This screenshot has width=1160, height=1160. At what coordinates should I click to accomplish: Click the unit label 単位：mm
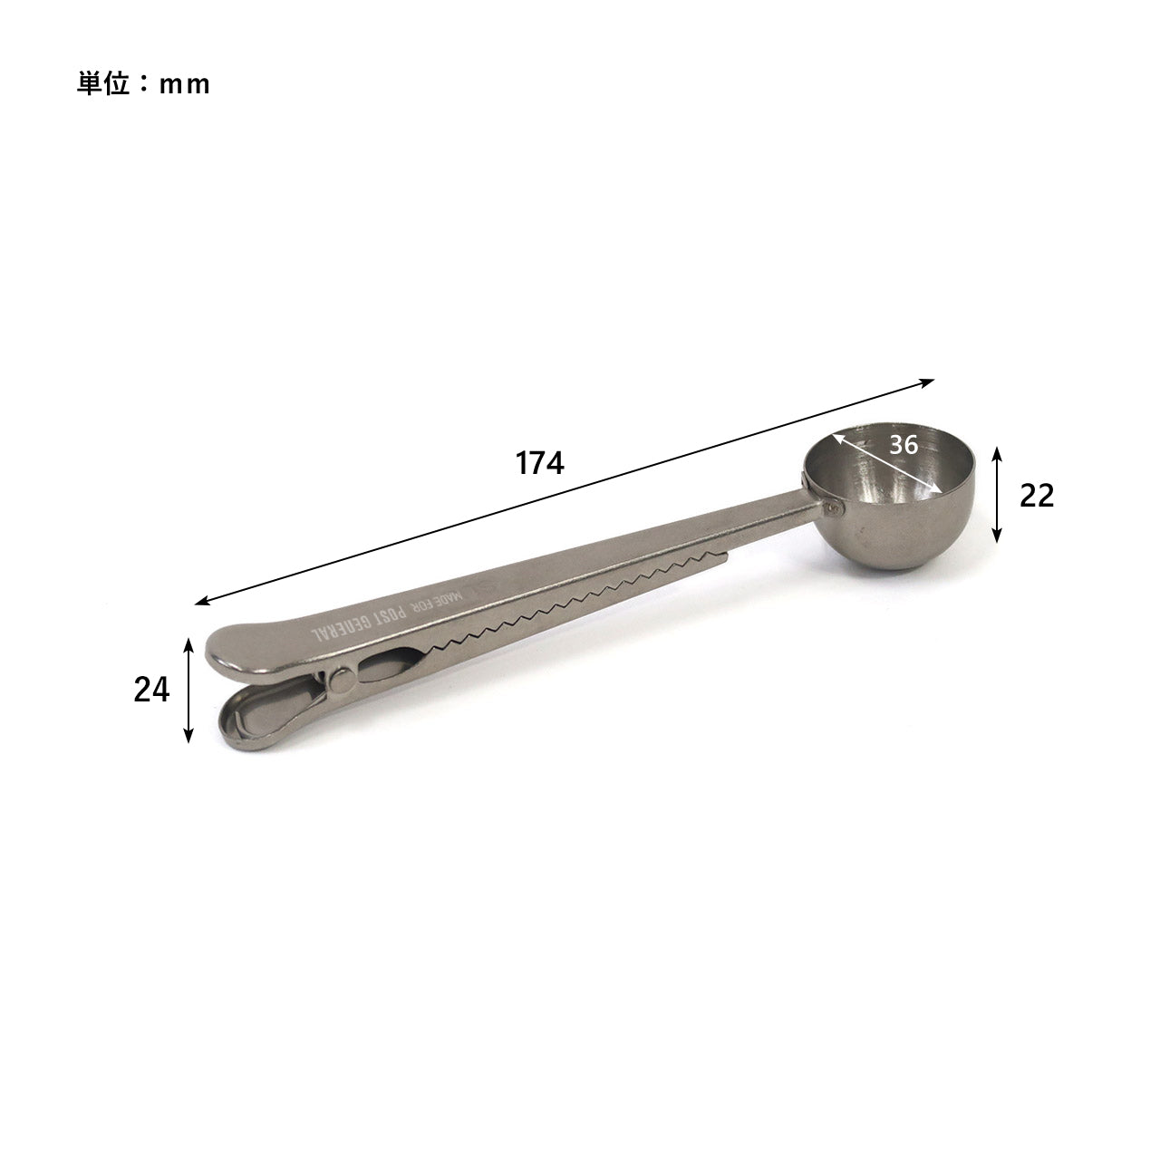(x=144, y=84)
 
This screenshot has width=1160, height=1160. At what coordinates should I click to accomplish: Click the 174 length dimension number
(x=540, y=463)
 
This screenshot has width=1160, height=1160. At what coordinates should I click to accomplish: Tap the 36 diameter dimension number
(x=904, y=445)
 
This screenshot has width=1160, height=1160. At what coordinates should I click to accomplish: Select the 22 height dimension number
(x=1037, y=496)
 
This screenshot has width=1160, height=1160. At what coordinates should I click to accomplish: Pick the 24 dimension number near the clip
(x=151, y=691)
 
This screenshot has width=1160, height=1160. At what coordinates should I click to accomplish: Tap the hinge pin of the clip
(x=341, y=679)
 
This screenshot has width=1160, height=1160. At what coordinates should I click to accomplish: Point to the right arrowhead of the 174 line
(x=928, y=382)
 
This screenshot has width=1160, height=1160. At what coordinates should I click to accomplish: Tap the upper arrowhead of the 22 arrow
(x=998, y=451)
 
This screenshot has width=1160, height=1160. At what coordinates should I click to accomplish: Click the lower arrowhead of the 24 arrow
(x=188, y=738)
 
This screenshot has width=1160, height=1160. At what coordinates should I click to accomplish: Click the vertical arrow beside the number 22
(x=998, y=495)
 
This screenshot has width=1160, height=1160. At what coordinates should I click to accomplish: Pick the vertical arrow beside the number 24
(x=188, y=691)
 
